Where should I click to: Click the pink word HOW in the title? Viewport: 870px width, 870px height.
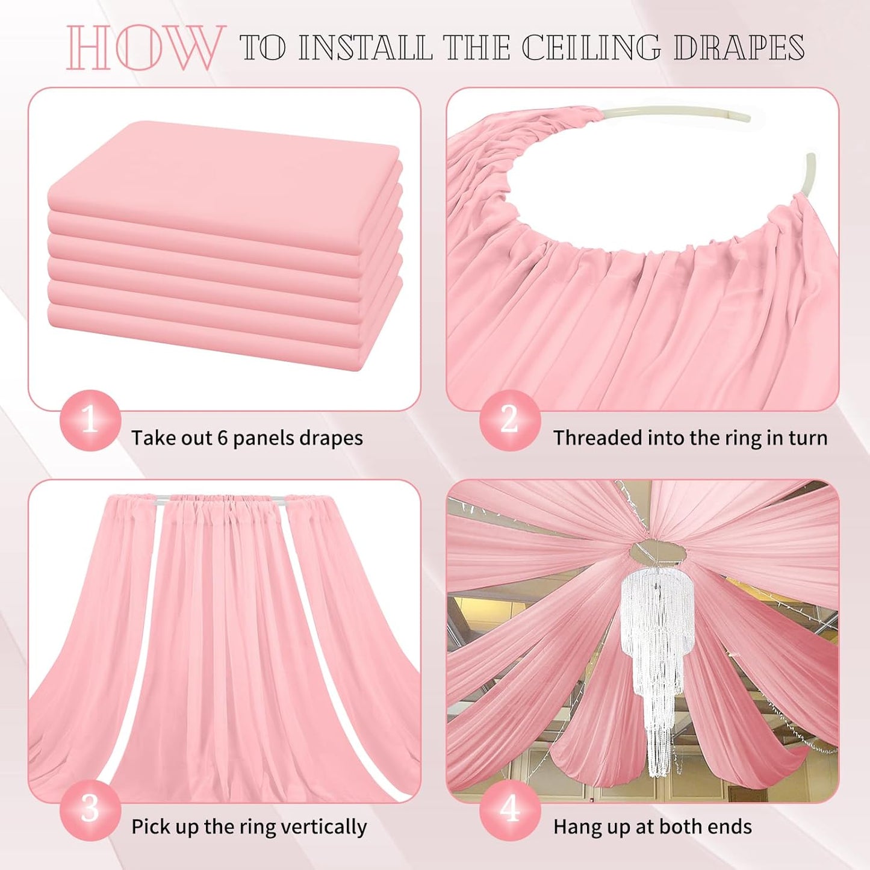pyautogui.click(x=144, y=48)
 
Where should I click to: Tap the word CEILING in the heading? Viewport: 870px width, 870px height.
pyautogui.click(x=591, y=48)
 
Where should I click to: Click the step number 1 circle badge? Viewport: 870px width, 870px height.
pyautogui.click(x=90, y=420)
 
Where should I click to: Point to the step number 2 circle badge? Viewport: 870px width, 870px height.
pyautogui.click(x=509, y=420)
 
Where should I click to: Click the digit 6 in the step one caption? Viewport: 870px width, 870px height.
pyautogui.click(x=223, y=438)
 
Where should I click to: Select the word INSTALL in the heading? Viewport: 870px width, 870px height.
pyautogui.click(x=365, y=48)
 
